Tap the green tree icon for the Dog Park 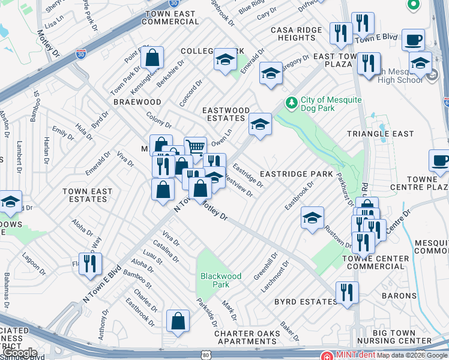pyautogui.click(x=292, y=103)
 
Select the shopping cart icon pyautogui.click(x=195, y=146)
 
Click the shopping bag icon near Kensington pyautogui.click(x=152, y=59)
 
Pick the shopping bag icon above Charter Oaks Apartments pyautogui.click(x=178, y=321)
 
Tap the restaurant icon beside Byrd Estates pyautogui.click(x=347, y=293)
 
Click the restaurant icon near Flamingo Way pyautogui.click(x=90, y=263)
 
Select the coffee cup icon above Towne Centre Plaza pyautogui.click(x=440, y=161)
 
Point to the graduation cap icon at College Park pyautogui.click(x=225, y=59)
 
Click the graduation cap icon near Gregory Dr pyautogui.click(x=271, y=73)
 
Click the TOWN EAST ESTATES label pyautogui.click(x=87, y=195)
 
